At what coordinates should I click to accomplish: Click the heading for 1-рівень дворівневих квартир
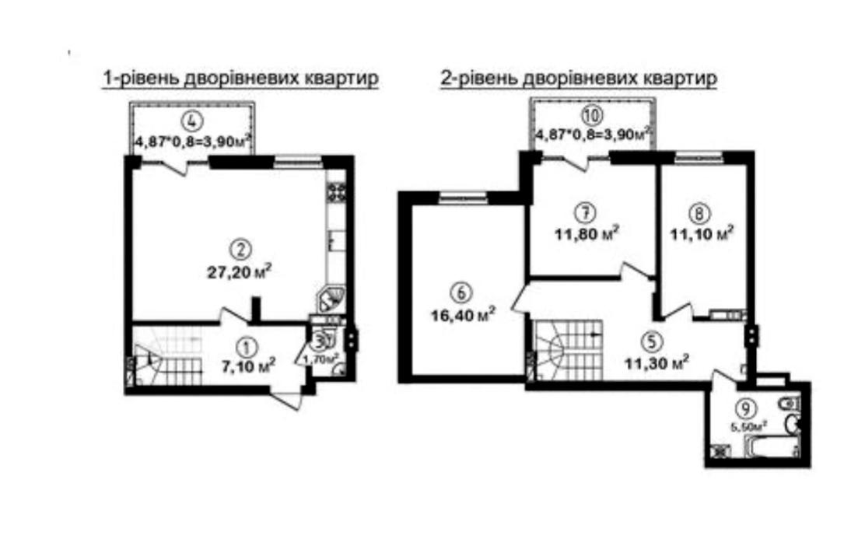coord(240,79)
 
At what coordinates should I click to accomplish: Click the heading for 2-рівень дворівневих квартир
coord(579,79)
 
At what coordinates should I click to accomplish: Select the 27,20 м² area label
coord(239,272)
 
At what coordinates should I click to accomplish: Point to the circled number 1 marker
coord(247,345)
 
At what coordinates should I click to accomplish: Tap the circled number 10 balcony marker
coord(591,115)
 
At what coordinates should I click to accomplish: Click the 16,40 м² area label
coord(463,315)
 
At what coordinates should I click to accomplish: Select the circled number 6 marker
coord(462,293)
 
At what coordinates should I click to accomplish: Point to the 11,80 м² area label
coord(587,234)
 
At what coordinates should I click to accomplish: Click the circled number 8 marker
coord(700,213)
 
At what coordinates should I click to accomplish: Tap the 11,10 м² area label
coord(702,234)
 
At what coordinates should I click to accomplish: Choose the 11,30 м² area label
coord(657,362)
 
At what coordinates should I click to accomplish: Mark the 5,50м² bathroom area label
coord(748,426)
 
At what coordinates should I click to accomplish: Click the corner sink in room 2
coord(331,299)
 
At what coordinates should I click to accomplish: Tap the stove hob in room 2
coord(337,193)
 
